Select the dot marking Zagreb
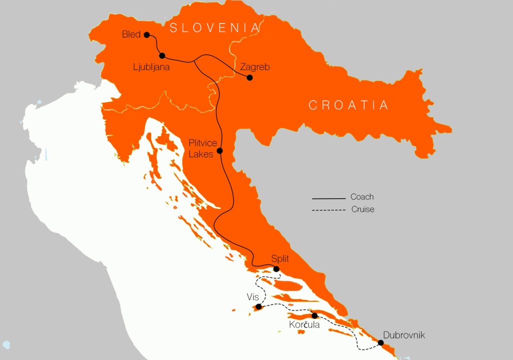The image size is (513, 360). click(x=250, y=78)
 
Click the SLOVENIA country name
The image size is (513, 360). click(x=215, y=28)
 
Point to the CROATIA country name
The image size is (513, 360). click(x=349, y=105)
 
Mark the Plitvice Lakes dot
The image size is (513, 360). click(x=219, y=151)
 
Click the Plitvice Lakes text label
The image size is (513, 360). click(x=203, y=149)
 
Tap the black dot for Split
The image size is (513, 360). click(x=276, y=269)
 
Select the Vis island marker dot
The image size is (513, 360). click(x=259, y=307)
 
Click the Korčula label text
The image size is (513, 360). click(x=304, y=325)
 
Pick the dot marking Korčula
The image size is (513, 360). click(x=315, y=315)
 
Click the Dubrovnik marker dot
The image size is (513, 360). click(x=381, y=343)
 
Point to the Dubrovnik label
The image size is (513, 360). click(x=404, y=335)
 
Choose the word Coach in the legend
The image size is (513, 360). click(x=362, y=197)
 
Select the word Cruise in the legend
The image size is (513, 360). click(x=363, y=209)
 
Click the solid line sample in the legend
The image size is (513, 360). click(x=329, y=198)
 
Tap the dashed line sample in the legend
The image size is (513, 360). click(x=329, y=210)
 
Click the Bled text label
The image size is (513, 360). click(x=131, y=35)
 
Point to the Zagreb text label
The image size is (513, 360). click(x=255, y=66)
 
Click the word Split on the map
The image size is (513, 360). click(x=280, y=259)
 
